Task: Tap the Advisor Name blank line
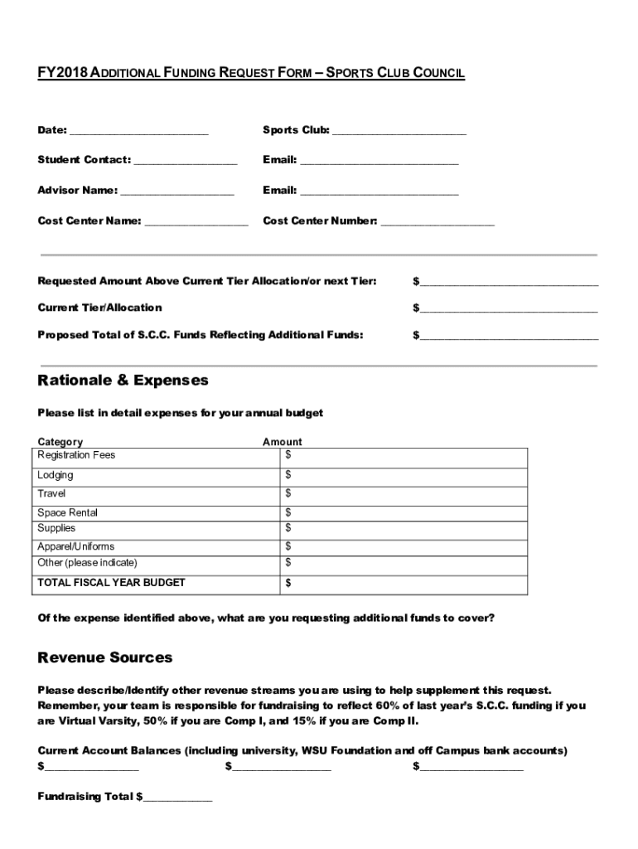[176, 192]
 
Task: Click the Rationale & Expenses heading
[123, 381]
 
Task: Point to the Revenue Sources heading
[105, 657]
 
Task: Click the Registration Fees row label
[76, 455]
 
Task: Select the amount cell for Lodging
[404, 476]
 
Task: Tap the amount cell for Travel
[404, 494]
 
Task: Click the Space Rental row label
[67, 512]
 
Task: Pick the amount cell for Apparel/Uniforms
[404, 546]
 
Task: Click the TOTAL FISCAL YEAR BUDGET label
[111, 583]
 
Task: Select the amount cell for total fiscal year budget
[404, 584]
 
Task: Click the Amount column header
[283, 442]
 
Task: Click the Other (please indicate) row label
[87, 563]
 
